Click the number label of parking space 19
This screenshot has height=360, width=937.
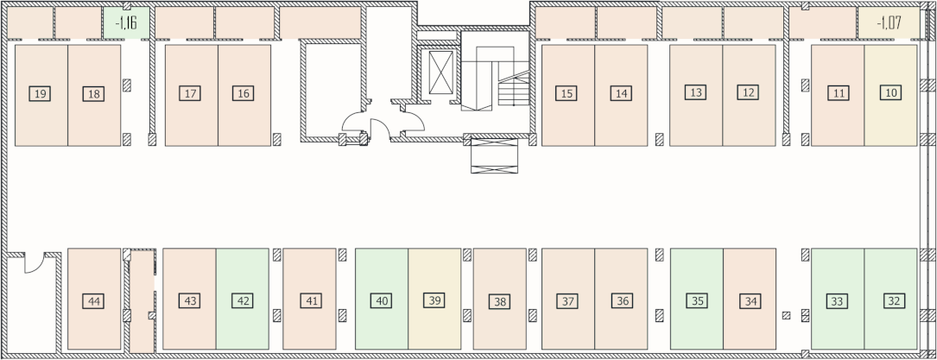pos(40,94)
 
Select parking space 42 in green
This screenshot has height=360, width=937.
pos(243,299)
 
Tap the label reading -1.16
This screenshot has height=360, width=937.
pos(126,23)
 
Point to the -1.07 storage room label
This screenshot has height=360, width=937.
pos(889,23)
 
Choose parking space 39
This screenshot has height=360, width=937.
pos(434,299)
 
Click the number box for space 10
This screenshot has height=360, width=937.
pos(891,92)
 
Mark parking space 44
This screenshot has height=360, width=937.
pos(94,299)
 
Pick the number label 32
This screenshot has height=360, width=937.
pos(893,301)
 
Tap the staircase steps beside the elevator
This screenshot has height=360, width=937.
pos(513,90)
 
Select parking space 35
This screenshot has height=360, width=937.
pos(697,299)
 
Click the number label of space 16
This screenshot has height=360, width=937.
pos(244,93)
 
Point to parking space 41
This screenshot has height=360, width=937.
pos(309,299)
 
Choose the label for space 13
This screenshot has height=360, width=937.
pos(695,92)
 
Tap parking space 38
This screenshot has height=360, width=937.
pos(499,299)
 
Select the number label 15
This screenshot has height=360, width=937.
pos(566,93)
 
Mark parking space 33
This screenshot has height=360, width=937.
pos(838,299)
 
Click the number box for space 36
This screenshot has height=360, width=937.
pos(622,301)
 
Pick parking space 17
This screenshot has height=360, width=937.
pos(191,96)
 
